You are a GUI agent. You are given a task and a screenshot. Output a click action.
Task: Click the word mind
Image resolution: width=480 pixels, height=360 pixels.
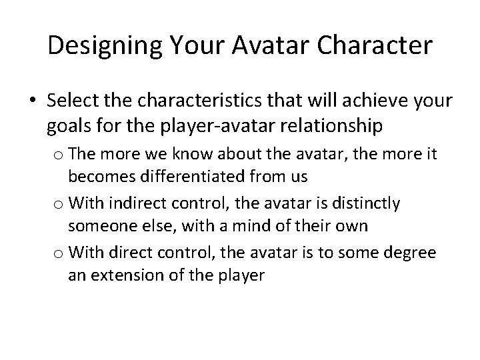253,225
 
